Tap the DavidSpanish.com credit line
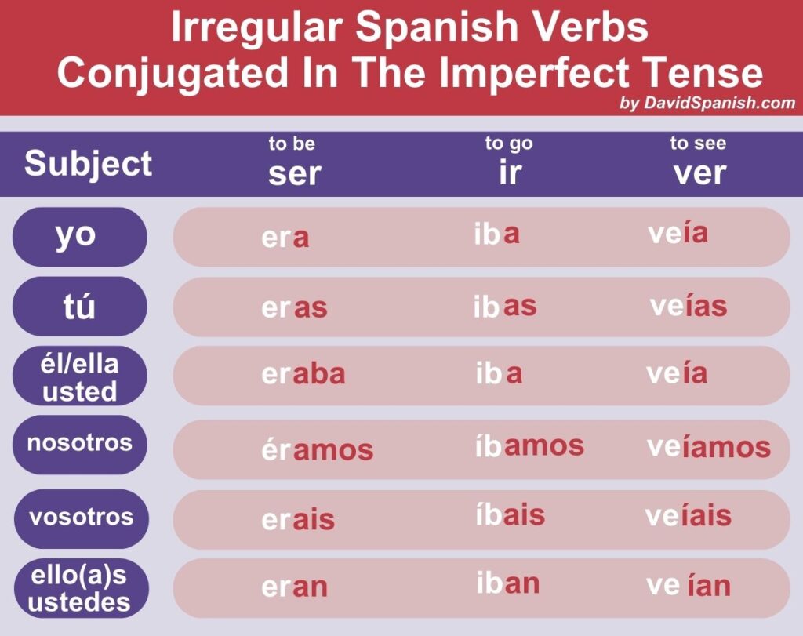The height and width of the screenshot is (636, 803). tap(707, 103)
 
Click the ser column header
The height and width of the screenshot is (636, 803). tap(295, 174)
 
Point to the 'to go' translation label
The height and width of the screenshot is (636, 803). tap(509, 144)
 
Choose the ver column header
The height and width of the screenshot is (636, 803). tap(699, 173)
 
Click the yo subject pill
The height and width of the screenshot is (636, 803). tap(80, 237)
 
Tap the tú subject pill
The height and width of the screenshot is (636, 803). tap(80, 306)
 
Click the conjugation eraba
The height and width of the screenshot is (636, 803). tap(303, 374)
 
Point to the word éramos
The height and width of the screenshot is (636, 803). tap(318, 449)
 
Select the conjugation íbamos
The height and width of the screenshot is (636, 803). tap(529, 445)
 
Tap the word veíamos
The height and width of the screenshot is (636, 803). tap(709, 446)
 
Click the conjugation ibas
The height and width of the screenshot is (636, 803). tap(505, 306)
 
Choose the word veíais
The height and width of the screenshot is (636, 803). tap(689, 514)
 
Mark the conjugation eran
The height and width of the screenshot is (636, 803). tap(295, 587)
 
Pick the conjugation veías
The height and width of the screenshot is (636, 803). tap(689, 306)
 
